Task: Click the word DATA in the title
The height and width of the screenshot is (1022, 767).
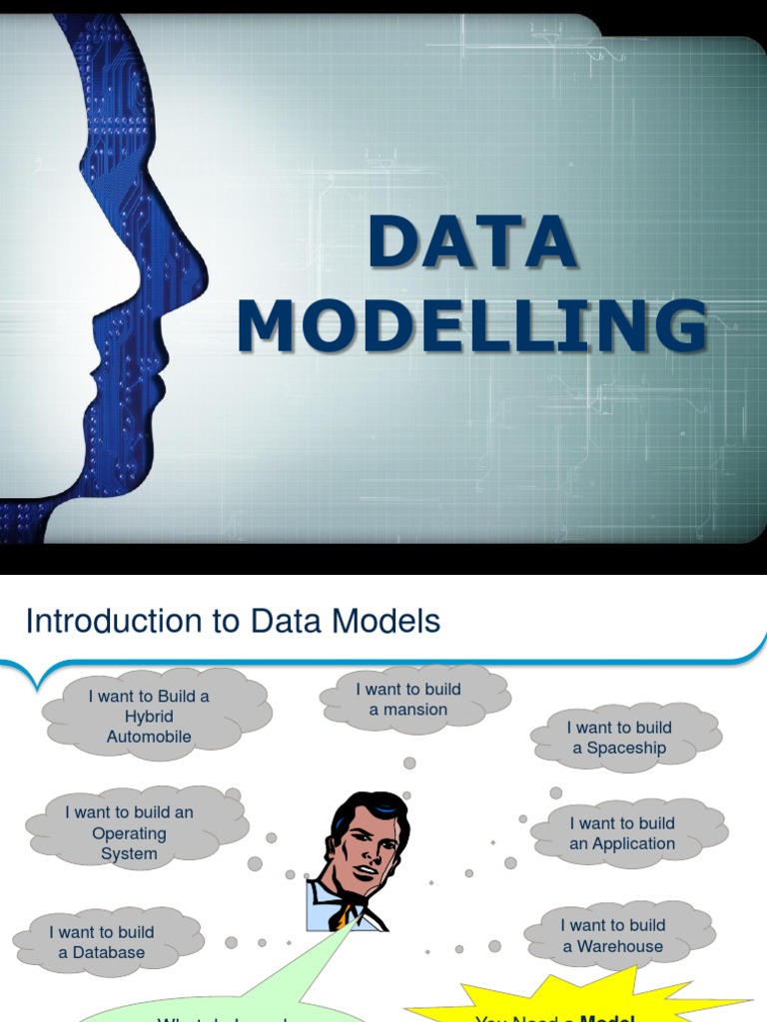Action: tap(472, 242)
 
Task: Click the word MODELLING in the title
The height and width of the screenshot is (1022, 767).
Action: tap(472, 325)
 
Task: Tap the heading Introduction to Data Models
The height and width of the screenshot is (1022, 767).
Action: tap(233, 621)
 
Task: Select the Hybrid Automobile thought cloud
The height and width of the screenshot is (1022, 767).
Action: tap(150, 717)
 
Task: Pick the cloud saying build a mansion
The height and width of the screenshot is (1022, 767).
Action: tap(408, 700)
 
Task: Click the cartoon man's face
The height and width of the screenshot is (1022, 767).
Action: tap(367, 848)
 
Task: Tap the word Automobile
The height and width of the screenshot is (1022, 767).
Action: tap(149, 737)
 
